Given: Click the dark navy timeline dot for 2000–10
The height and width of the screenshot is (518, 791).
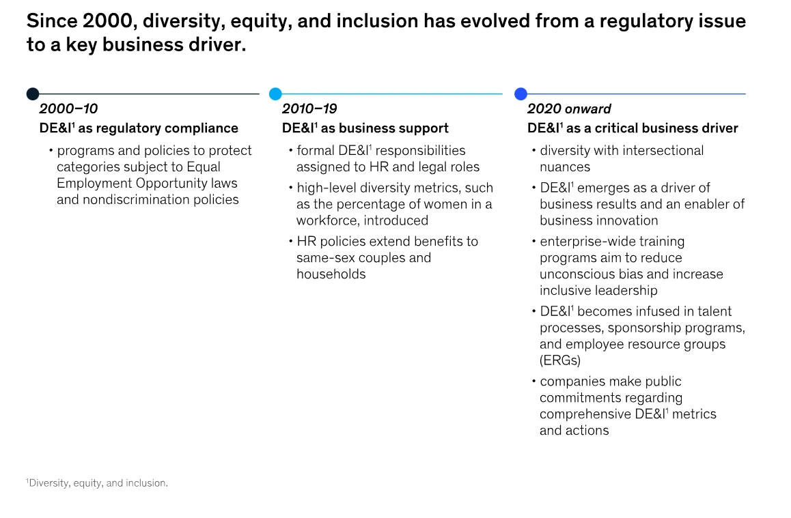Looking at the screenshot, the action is point(33,93).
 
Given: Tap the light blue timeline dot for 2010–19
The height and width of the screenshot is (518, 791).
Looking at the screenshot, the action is point(275,93).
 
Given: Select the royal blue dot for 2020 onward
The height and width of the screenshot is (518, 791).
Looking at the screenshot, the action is point(521,93).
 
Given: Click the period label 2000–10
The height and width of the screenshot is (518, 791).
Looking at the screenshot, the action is point(68,109).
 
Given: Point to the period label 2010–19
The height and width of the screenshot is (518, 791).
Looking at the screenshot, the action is point(309,109).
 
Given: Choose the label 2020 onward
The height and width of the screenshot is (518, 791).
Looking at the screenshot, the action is point(569,109).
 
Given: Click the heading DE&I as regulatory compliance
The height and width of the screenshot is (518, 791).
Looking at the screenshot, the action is point(139,128).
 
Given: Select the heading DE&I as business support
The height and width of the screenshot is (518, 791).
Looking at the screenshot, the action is point(365,128).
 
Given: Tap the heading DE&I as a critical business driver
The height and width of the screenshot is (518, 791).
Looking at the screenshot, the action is point(633,128).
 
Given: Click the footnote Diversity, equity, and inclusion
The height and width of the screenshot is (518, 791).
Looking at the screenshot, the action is point(97,483).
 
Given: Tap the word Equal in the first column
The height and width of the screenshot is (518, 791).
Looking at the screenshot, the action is point(204,167).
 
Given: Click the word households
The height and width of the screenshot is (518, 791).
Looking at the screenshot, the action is point(331,274).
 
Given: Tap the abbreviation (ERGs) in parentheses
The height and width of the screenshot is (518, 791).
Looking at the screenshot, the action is point(560,361).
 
